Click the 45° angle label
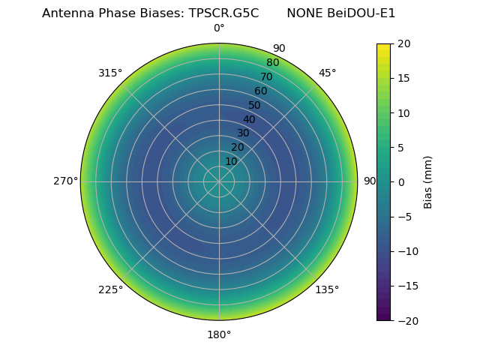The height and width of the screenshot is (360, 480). (x=327, y=73)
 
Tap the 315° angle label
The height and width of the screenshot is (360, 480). (x=110, y=73)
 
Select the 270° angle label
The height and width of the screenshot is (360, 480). (x=65, y=181)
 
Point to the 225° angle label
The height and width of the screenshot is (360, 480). (x=110, y=289)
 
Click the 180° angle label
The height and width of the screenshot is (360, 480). (x=219, y=334)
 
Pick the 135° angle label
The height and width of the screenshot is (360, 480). (x=327, y=289)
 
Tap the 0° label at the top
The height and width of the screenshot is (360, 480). (x=219, y=28)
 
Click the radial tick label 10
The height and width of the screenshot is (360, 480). (x=231, y=161)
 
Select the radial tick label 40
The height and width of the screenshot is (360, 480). (x=249, y=119)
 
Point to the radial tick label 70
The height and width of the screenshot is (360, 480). (x=266, y=76)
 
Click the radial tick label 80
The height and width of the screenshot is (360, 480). (x=272, y=62)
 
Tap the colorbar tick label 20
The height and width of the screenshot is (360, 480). (x=403, y=43)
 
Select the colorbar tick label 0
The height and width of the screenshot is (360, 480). (x=400, y=182)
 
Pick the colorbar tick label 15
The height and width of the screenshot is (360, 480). (x=403, y=78)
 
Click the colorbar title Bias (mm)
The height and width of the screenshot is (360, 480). (x=428, y=182)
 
